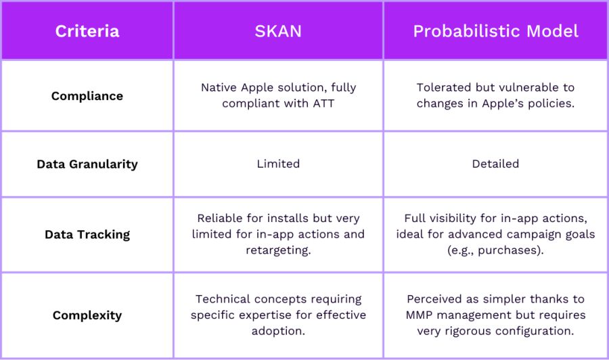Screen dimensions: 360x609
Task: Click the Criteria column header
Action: (x=87, y=31)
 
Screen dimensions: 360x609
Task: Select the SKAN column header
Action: (x=278, y=31)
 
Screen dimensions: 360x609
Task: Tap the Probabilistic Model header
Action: (x=496, y=31)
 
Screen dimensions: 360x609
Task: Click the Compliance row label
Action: (x=87, y=96)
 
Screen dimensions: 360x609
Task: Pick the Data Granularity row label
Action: (x=87, y=164)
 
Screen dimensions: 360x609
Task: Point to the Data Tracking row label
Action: (x=87, y=235)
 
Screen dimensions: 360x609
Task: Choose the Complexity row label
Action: (x=87, y=315)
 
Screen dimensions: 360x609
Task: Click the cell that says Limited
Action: (x=278, y=164)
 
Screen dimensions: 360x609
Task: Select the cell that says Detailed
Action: (x=496, y=164)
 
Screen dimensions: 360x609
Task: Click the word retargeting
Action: (x=277, y=250)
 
